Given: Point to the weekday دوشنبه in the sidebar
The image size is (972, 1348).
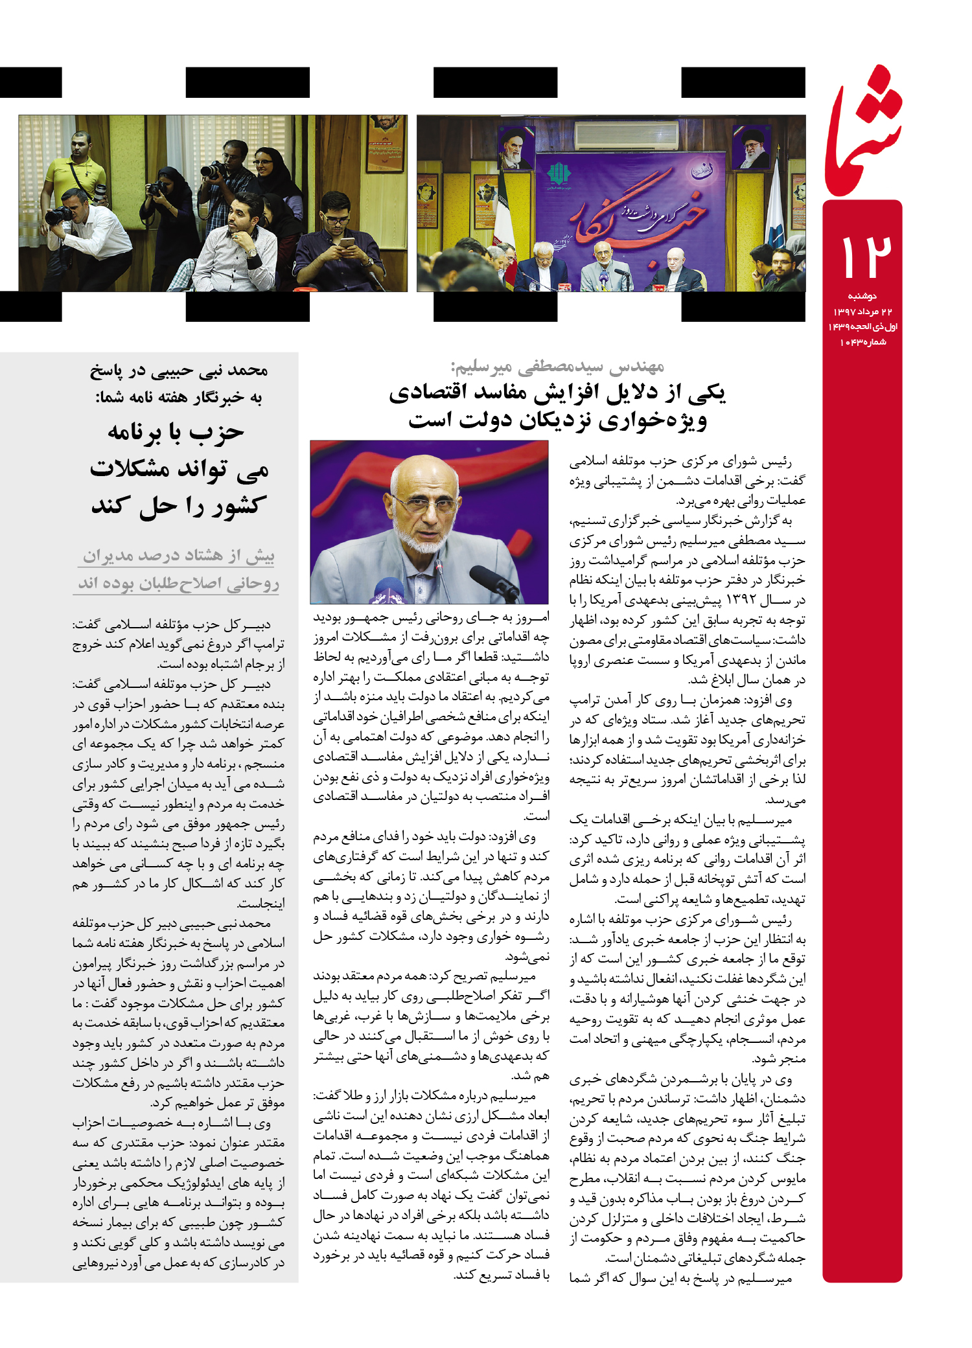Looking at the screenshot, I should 862,296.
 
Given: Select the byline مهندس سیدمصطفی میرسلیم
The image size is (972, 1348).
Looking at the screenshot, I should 558,367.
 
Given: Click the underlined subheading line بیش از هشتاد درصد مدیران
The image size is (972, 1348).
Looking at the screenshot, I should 178,556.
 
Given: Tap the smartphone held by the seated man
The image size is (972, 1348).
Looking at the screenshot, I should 347,243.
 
